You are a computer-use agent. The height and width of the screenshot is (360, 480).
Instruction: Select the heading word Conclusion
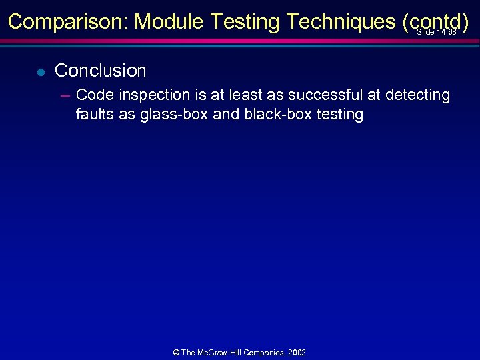100,70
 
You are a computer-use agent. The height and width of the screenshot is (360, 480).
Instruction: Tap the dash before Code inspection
65,95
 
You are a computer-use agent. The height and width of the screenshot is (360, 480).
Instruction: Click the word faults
94,114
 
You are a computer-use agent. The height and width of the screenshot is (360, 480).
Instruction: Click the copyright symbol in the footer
177,353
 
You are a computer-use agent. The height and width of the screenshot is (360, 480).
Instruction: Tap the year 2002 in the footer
296,353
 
